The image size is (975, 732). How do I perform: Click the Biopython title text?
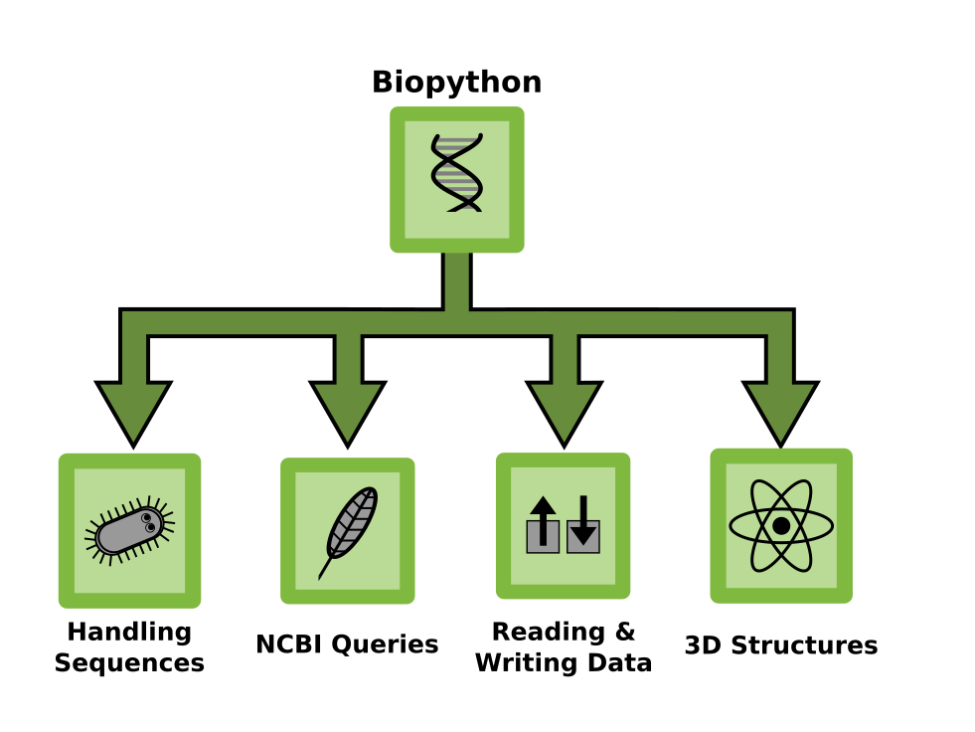point(456,83)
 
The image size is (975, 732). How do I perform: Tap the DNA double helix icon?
point(457,173)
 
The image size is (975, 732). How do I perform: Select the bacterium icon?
point(129,531)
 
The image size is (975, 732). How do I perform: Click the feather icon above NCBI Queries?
point(348,533)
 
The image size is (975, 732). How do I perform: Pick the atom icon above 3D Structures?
point(781,526)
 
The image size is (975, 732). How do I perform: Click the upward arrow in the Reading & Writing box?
point(543,521)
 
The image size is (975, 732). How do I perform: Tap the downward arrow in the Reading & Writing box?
point(583,520)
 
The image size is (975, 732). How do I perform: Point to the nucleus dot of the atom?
point(781,526)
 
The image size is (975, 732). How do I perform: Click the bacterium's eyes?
point(148,523)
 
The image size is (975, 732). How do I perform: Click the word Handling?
point(129,633)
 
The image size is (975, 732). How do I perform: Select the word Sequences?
point(129,663)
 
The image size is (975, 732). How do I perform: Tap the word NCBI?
point(290,644)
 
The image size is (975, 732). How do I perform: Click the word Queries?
point(385,644)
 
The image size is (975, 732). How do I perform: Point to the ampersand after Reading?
point(625,632)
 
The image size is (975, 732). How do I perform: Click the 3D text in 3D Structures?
point(703,645)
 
